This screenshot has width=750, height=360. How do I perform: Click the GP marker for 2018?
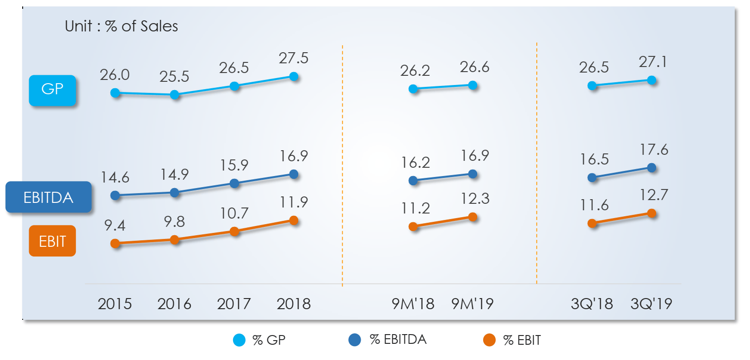(x=294, y=76)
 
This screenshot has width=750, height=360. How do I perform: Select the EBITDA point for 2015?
(x=116, y=195)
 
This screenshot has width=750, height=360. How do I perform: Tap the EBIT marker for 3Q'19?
(x=652, y=214)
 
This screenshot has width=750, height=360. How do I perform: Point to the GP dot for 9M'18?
(x=413, y=89)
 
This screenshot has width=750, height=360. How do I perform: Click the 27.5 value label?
(x=293, y=58)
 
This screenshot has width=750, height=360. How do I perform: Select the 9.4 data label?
(x=115, y=226)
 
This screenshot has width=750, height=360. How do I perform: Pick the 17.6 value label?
(x=654, y=150)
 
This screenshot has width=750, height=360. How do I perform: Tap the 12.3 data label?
(x=475, y=199)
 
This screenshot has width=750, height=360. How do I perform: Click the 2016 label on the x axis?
(x=174, y=304)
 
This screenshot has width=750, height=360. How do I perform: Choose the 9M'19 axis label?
(x=472, y=304)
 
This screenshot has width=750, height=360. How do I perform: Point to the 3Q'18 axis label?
(x=591, y=304)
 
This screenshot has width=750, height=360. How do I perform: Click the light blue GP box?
(x=52, y=90)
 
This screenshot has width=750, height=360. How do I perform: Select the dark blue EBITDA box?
(x=49, y=197)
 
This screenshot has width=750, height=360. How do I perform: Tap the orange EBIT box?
(x=52, y=241)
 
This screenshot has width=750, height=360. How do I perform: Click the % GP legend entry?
(x=259, y=340)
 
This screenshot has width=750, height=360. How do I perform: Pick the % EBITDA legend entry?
(x=387, y=340)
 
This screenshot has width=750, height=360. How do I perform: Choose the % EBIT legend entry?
(x=512, y=340)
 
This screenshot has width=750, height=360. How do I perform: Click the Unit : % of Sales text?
(x=121, y=26)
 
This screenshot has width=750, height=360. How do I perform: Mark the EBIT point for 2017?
(x=234, y=232)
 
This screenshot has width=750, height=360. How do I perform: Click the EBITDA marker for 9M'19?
(x=473, y=174)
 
